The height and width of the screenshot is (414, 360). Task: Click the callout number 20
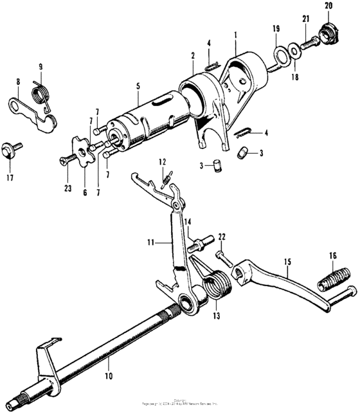(328, 6)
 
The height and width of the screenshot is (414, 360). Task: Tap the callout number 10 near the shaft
(107, 375)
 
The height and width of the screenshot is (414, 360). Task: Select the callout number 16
(332, 256)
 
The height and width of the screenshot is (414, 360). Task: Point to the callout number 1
(236, 33)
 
